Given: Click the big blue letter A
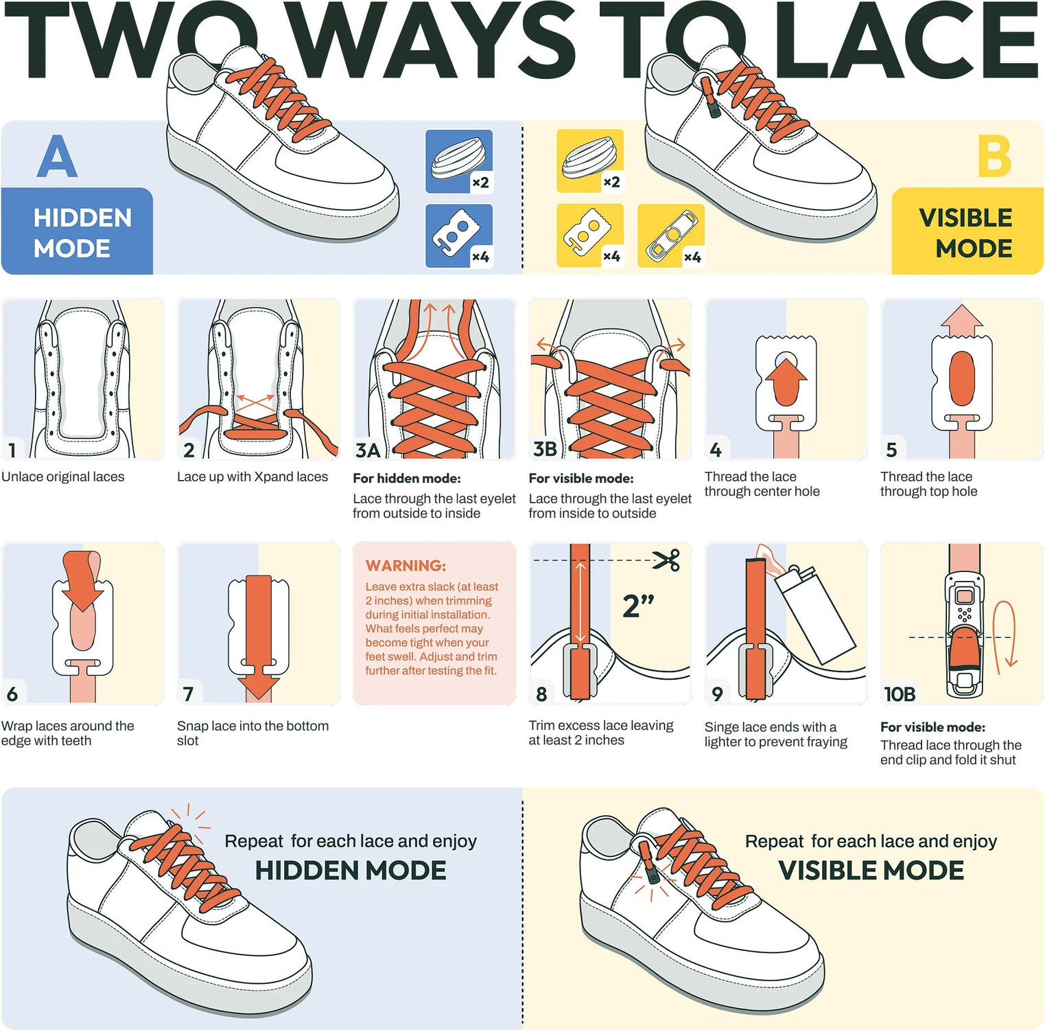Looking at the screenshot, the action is (x=57, y=156).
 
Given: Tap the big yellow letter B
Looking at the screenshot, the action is (x=995, y=156).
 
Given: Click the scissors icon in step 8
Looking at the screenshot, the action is (x=666, y=560).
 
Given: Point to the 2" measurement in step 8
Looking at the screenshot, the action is (x=638, y=606).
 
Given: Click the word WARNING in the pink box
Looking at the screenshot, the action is (x=406, y=565).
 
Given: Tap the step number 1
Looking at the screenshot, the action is (x=12, y=450).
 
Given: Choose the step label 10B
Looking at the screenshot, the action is (x=900, y=694).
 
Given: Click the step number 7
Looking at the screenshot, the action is (x=188, y=694).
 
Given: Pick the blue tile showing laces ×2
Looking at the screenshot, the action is (x=459, y=161).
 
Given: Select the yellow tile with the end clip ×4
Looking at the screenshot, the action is (x=671, y=236).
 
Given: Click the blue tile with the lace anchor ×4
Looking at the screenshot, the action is (x=459, y=236).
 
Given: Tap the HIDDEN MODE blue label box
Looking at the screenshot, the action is (x=77, y=231).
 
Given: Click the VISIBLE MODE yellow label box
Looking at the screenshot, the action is (x=967, y=231).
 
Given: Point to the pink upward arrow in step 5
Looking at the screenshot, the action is (x=961, y=321).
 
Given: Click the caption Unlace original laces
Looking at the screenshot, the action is (x=63, y=477).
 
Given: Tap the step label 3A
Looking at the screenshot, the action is (x=368, y=450).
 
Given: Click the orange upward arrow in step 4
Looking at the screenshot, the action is (x=786, y=383).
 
